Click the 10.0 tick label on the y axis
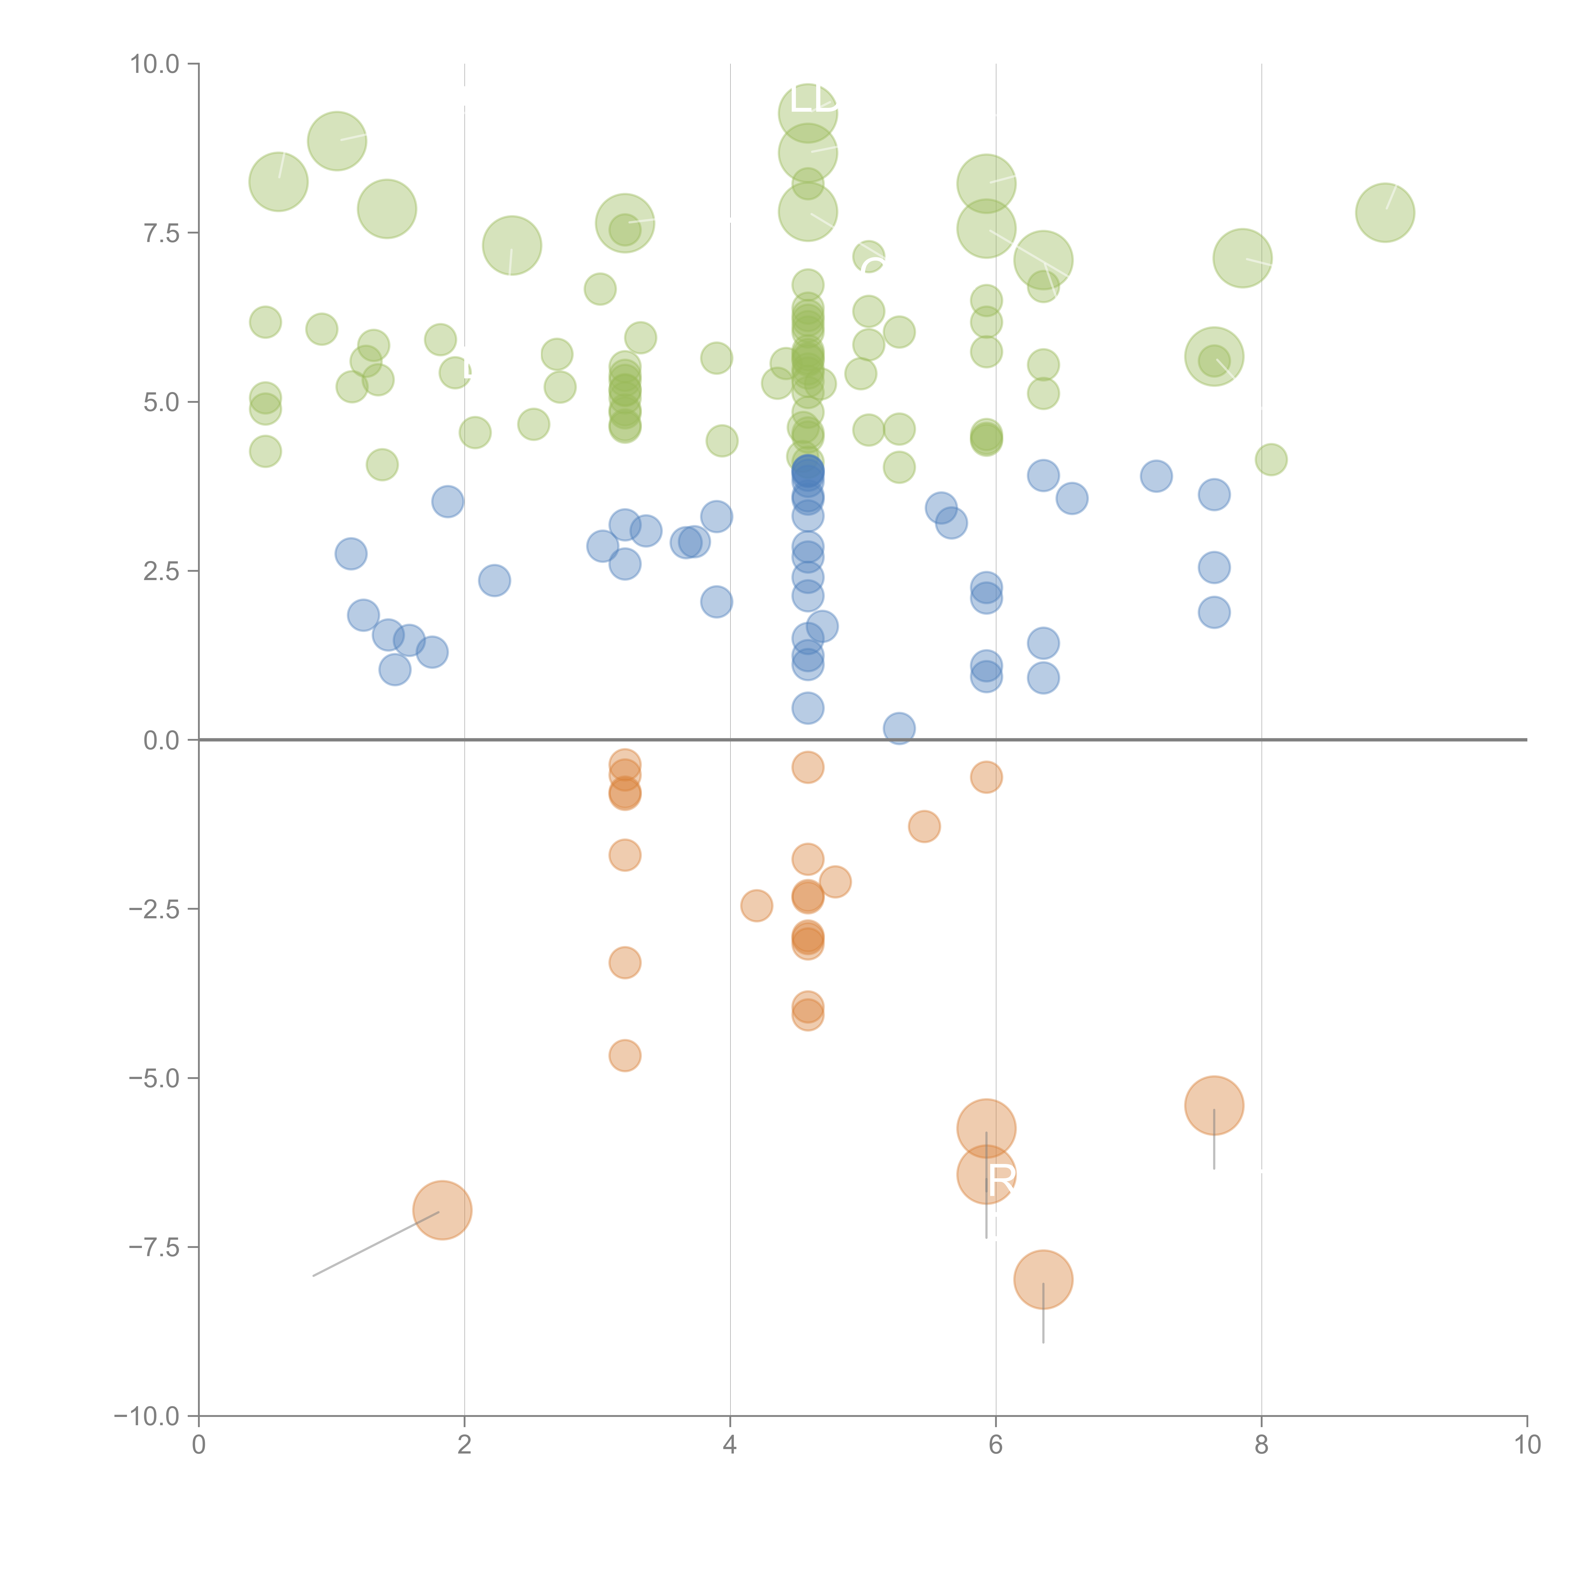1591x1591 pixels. [155, 64]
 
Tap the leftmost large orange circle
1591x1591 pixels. [442, 1210]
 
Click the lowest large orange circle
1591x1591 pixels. [1043, 1279]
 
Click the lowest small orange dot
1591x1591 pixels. [625, 1056]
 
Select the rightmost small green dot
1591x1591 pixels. [1271, 459]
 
